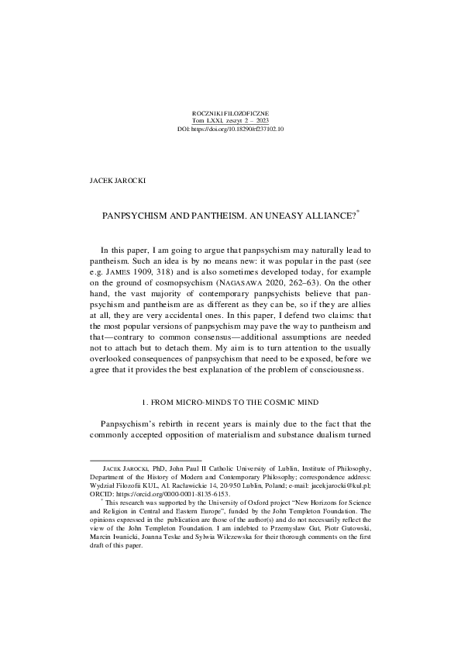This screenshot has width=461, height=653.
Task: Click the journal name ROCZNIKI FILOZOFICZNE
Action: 230,113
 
